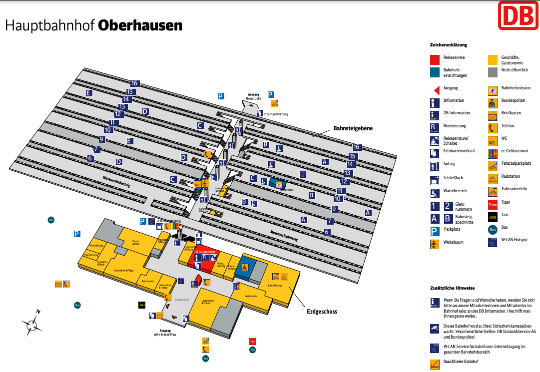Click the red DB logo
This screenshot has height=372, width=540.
click(x=518, y=15)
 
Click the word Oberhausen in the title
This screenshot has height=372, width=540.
click(x=140, y=25)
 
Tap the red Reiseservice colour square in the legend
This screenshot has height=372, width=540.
click(x=435, y=59)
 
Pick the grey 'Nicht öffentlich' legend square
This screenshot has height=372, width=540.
click(x=493, y=72)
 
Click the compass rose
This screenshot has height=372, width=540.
click(x=32, y=324)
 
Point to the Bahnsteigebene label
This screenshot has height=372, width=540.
click(x=353, y=128)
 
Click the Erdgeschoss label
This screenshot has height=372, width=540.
click(x=322, y=312)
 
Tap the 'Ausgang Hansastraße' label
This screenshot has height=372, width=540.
click(x=254, y=96)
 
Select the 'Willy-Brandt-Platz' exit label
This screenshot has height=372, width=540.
click(x=166, y=333)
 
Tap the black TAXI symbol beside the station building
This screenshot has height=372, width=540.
click(x=142, y=304)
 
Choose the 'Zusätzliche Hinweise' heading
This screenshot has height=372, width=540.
click(x=452, y=288)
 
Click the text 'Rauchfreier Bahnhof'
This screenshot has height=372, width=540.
click(x=461, y=362)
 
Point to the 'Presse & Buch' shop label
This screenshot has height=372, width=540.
click(x=135, y=243)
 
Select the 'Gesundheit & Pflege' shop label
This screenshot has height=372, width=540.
click(x=123, y=270)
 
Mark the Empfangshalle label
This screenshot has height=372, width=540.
click(x=181, y=299)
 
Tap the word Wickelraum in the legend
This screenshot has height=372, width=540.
click(x=454, y=242)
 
